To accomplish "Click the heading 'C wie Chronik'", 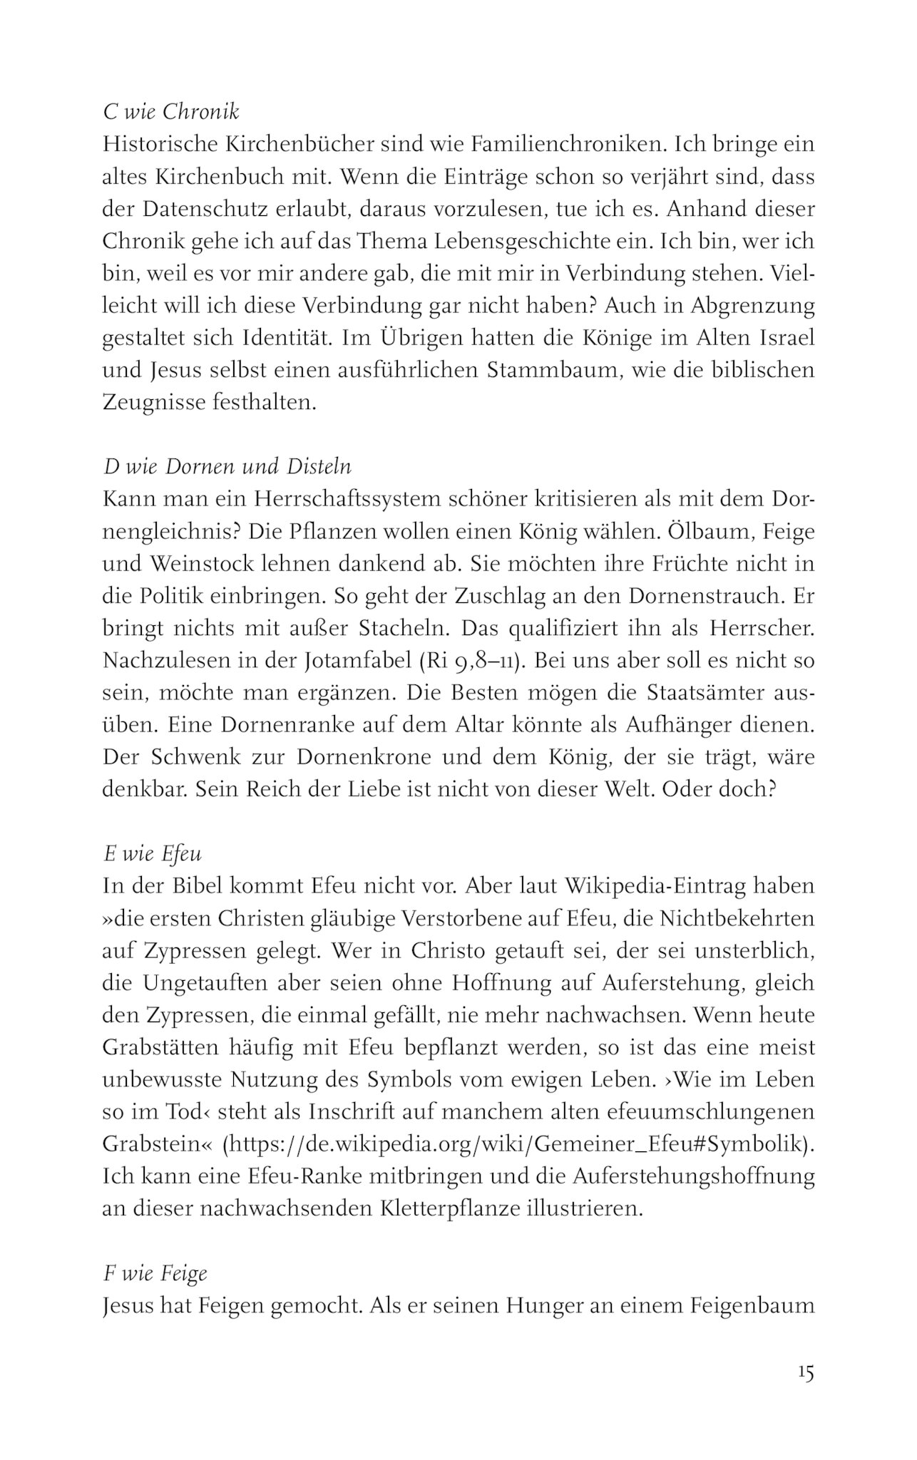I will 171,112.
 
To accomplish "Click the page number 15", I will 806,1373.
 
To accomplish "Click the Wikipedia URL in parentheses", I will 518,1144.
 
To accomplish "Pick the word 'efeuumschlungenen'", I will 695,1112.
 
